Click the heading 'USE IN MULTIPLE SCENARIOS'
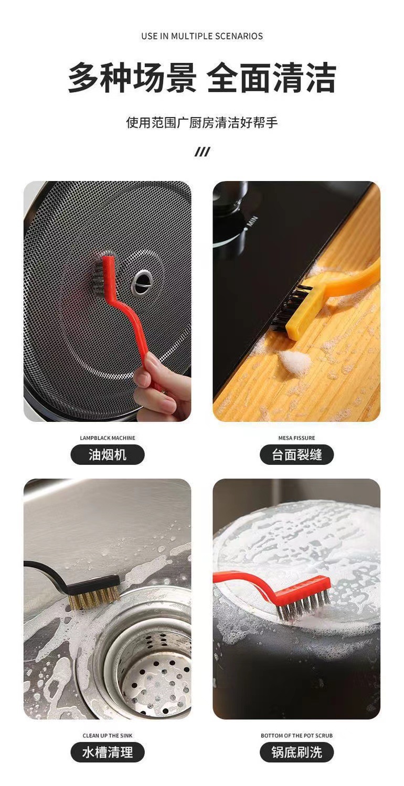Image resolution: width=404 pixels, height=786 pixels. (x=202, y=36)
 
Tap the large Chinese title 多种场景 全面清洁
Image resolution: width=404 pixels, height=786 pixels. (x=202, y=78)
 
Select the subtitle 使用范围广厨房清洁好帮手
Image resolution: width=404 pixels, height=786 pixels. (x=202, y=122)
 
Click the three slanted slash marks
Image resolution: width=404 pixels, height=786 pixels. (x=202, y=152)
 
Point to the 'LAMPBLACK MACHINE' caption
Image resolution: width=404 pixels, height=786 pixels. (x=108, y=438)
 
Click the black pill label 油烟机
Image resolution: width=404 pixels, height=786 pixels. (x=108, y=455)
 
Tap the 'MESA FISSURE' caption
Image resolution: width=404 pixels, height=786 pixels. (x=296, y=438)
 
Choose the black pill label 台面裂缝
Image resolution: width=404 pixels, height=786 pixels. (x=296, y=455)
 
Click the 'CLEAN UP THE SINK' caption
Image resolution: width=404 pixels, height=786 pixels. (x=108, y=736)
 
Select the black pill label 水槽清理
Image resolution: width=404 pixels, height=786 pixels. (x=108, y=752)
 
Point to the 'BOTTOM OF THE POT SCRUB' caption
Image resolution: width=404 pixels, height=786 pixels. (x=296, y=736)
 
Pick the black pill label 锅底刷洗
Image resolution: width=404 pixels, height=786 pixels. (x=296, y=752)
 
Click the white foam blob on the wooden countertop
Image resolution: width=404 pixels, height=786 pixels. (x=294, y=360)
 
